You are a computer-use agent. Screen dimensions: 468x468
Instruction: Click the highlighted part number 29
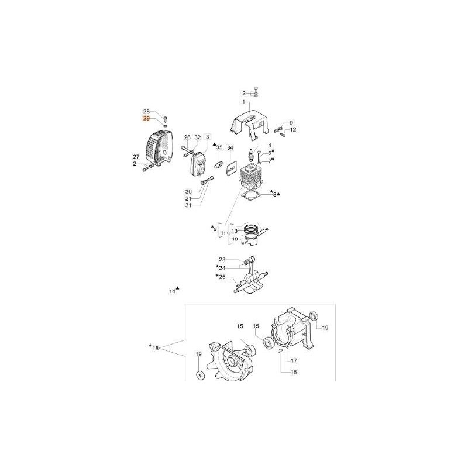[147, 118]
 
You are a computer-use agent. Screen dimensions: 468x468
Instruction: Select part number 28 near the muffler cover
[147, 111]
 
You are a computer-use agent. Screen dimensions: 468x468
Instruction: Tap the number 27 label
[136, 157]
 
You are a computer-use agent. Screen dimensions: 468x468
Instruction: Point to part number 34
[230, 147]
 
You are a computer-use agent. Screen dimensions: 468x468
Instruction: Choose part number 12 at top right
[293, 129]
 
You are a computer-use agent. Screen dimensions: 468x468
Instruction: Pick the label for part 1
[246, 103]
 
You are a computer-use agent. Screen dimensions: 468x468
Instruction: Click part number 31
[189, 205]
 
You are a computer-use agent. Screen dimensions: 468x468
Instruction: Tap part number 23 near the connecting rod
[222, 259]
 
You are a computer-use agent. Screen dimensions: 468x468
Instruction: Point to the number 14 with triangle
[173, 290]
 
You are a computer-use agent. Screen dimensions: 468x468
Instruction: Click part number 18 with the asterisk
[155, 348]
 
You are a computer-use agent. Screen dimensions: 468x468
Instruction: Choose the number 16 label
[294, 372]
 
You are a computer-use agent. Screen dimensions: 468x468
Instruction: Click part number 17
[294, 360]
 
